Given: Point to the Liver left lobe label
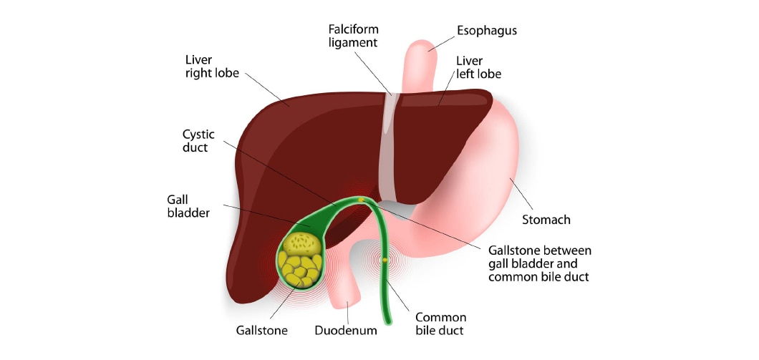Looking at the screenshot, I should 478,67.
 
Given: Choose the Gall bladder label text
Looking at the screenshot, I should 189,206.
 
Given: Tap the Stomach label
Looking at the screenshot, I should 546,220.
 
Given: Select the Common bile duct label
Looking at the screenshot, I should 441,323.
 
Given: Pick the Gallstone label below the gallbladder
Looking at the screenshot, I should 261,331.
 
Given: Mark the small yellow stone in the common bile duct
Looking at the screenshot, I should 385,259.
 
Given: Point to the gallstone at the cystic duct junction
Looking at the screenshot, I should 361,200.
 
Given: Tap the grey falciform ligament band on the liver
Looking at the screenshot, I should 387,150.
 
